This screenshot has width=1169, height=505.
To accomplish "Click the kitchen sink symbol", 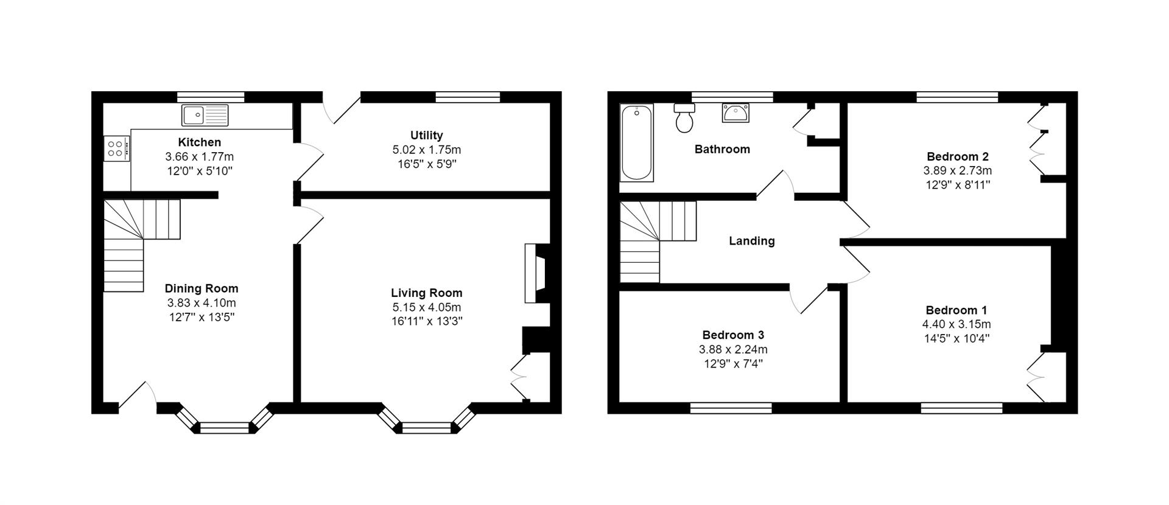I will coord(205,115).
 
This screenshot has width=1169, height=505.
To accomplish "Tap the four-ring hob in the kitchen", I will coord(116,148).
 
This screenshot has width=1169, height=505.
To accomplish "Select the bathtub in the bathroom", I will coord(636,142).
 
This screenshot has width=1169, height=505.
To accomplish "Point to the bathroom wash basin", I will coord(735,113).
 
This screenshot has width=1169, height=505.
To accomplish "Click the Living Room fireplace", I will coord(536,273).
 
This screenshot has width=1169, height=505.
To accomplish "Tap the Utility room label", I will coord(426,135).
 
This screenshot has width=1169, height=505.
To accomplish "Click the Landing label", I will coord(751,241).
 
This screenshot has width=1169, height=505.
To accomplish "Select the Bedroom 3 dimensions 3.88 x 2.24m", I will coord(733,349).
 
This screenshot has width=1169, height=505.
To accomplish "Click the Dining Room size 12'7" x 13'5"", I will coord(201,317).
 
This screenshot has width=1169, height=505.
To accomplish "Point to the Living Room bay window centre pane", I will coord(426,428).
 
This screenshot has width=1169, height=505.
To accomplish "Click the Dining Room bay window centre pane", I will coord(224,428).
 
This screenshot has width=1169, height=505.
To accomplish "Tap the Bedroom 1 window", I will coord(961,408).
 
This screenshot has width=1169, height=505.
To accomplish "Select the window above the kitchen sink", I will coord(211,97).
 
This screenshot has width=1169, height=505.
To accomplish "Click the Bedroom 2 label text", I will coord(957,156).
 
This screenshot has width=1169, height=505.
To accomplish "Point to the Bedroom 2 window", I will coord(957,97).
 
